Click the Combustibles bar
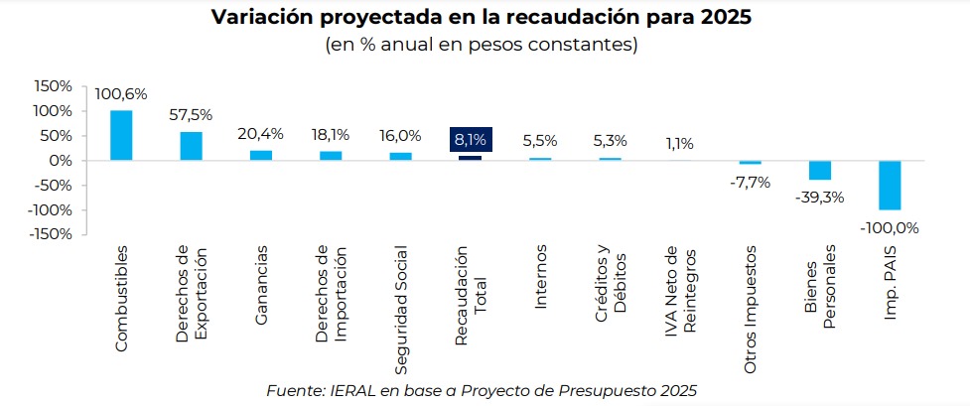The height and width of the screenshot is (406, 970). [121, 135]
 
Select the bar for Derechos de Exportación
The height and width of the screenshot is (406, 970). [191, 146]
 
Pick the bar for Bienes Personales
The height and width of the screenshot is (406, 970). [819, 170]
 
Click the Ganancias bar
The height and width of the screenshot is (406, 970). [260, 155]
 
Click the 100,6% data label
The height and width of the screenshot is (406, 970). [121, 94]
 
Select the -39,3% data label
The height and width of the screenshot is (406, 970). [819, 197]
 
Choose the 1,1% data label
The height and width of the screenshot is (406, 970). [680, 143]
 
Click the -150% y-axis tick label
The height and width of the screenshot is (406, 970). [51, 234]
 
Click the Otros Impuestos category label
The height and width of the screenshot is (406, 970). [750, 310]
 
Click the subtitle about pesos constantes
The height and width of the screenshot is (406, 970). [482, 45]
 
